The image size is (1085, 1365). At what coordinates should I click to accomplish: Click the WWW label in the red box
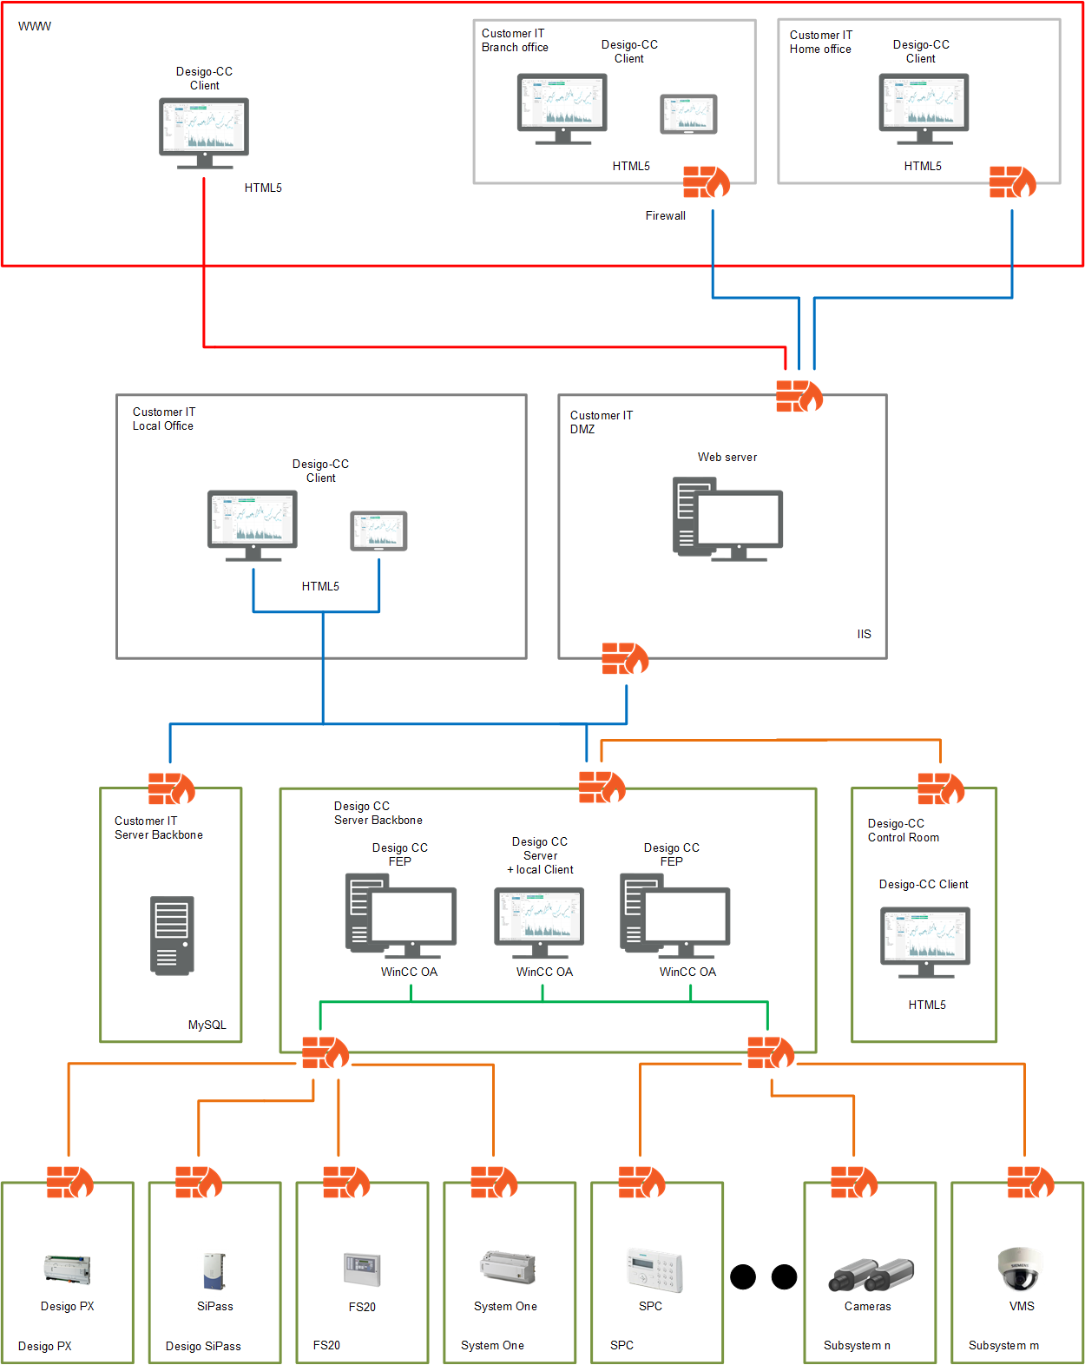point(35,26)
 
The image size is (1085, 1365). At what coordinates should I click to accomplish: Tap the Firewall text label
point(665,216)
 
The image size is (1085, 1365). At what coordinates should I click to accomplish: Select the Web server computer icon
point(727,518)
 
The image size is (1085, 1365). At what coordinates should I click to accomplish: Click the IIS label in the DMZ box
point(864,634)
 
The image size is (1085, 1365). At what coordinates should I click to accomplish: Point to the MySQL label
point(207,1025)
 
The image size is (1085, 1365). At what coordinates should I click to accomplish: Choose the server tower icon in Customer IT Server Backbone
point(172,935)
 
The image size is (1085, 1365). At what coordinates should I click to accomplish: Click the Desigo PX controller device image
point(68,1269)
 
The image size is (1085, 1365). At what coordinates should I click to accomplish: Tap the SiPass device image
point(214,1270)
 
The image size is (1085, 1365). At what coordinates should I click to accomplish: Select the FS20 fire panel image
point(362,1269)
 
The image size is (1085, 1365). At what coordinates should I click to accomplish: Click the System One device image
point(508,1268)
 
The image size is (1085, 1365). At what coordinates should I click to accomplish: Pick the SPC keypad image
point(654,1270)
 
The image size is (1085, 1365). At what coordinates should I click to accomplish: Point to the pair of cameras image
point(871,1274)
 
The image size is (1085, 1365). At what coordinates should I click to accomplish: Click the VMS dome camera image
point(1019,1269)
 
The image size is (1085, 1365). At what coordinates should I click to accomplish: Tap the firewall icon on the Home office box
point(1012,182)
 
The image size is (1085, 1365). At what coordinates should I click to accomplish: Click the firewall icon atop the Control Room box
point(941,788)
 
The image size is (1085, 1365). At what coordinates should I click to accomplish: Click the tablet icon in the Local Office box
point(378,531)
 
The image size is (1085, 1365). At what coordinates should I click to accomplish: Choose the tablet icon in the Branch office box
point(688,114)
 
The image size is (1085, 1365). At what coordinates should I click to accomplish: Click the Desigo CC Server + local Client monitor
point(539,920)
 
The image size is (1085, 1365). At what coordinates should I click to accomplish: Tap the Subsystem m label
point(1003,1345)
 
